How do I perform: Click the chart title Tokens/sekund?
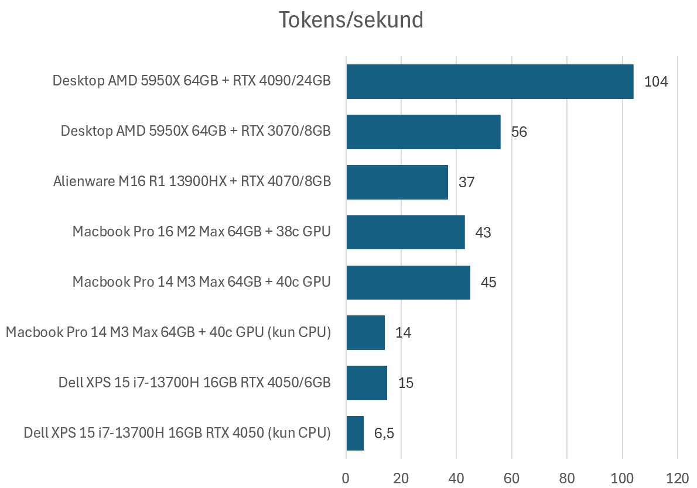tap(350, 20)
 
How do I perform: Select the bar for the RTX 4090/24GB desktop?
tap(490, 81)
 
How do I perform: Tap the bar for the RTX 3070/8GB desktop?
tap(423, 132)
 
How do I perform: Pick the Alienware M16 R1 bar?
tap(397, 182)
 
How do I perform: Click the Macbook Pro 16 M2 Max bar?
tap(405, 232)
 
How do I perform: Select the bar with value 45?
tap(408, 283)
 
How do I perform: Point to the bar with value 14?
tap(365, 332)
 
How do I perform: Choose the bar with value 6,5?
tap(355, 433)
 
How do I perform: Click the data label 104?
tap(655, 82)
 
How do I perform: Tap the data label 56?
tap(519, 132)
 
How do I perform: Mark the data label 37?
tap(466, 183)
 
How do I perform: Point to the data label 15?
tap(405, 383)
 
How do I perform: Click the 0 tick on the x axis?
tap(346, 477)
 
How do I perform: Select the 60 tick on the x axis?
tap(511, 477)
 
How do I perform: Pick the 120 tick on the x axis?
tap(677, 477)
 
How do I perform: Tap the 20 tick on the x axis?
tap(401, 477)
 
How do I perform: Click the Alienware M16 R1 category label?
tap(192, 182)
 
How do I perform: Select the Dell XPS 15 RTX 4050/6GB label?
tap(194, 383)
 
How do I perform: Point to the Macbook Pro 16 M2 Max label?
tap(201, 232)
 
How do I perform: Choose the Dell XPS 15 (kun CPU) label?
tap(177, 434)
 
